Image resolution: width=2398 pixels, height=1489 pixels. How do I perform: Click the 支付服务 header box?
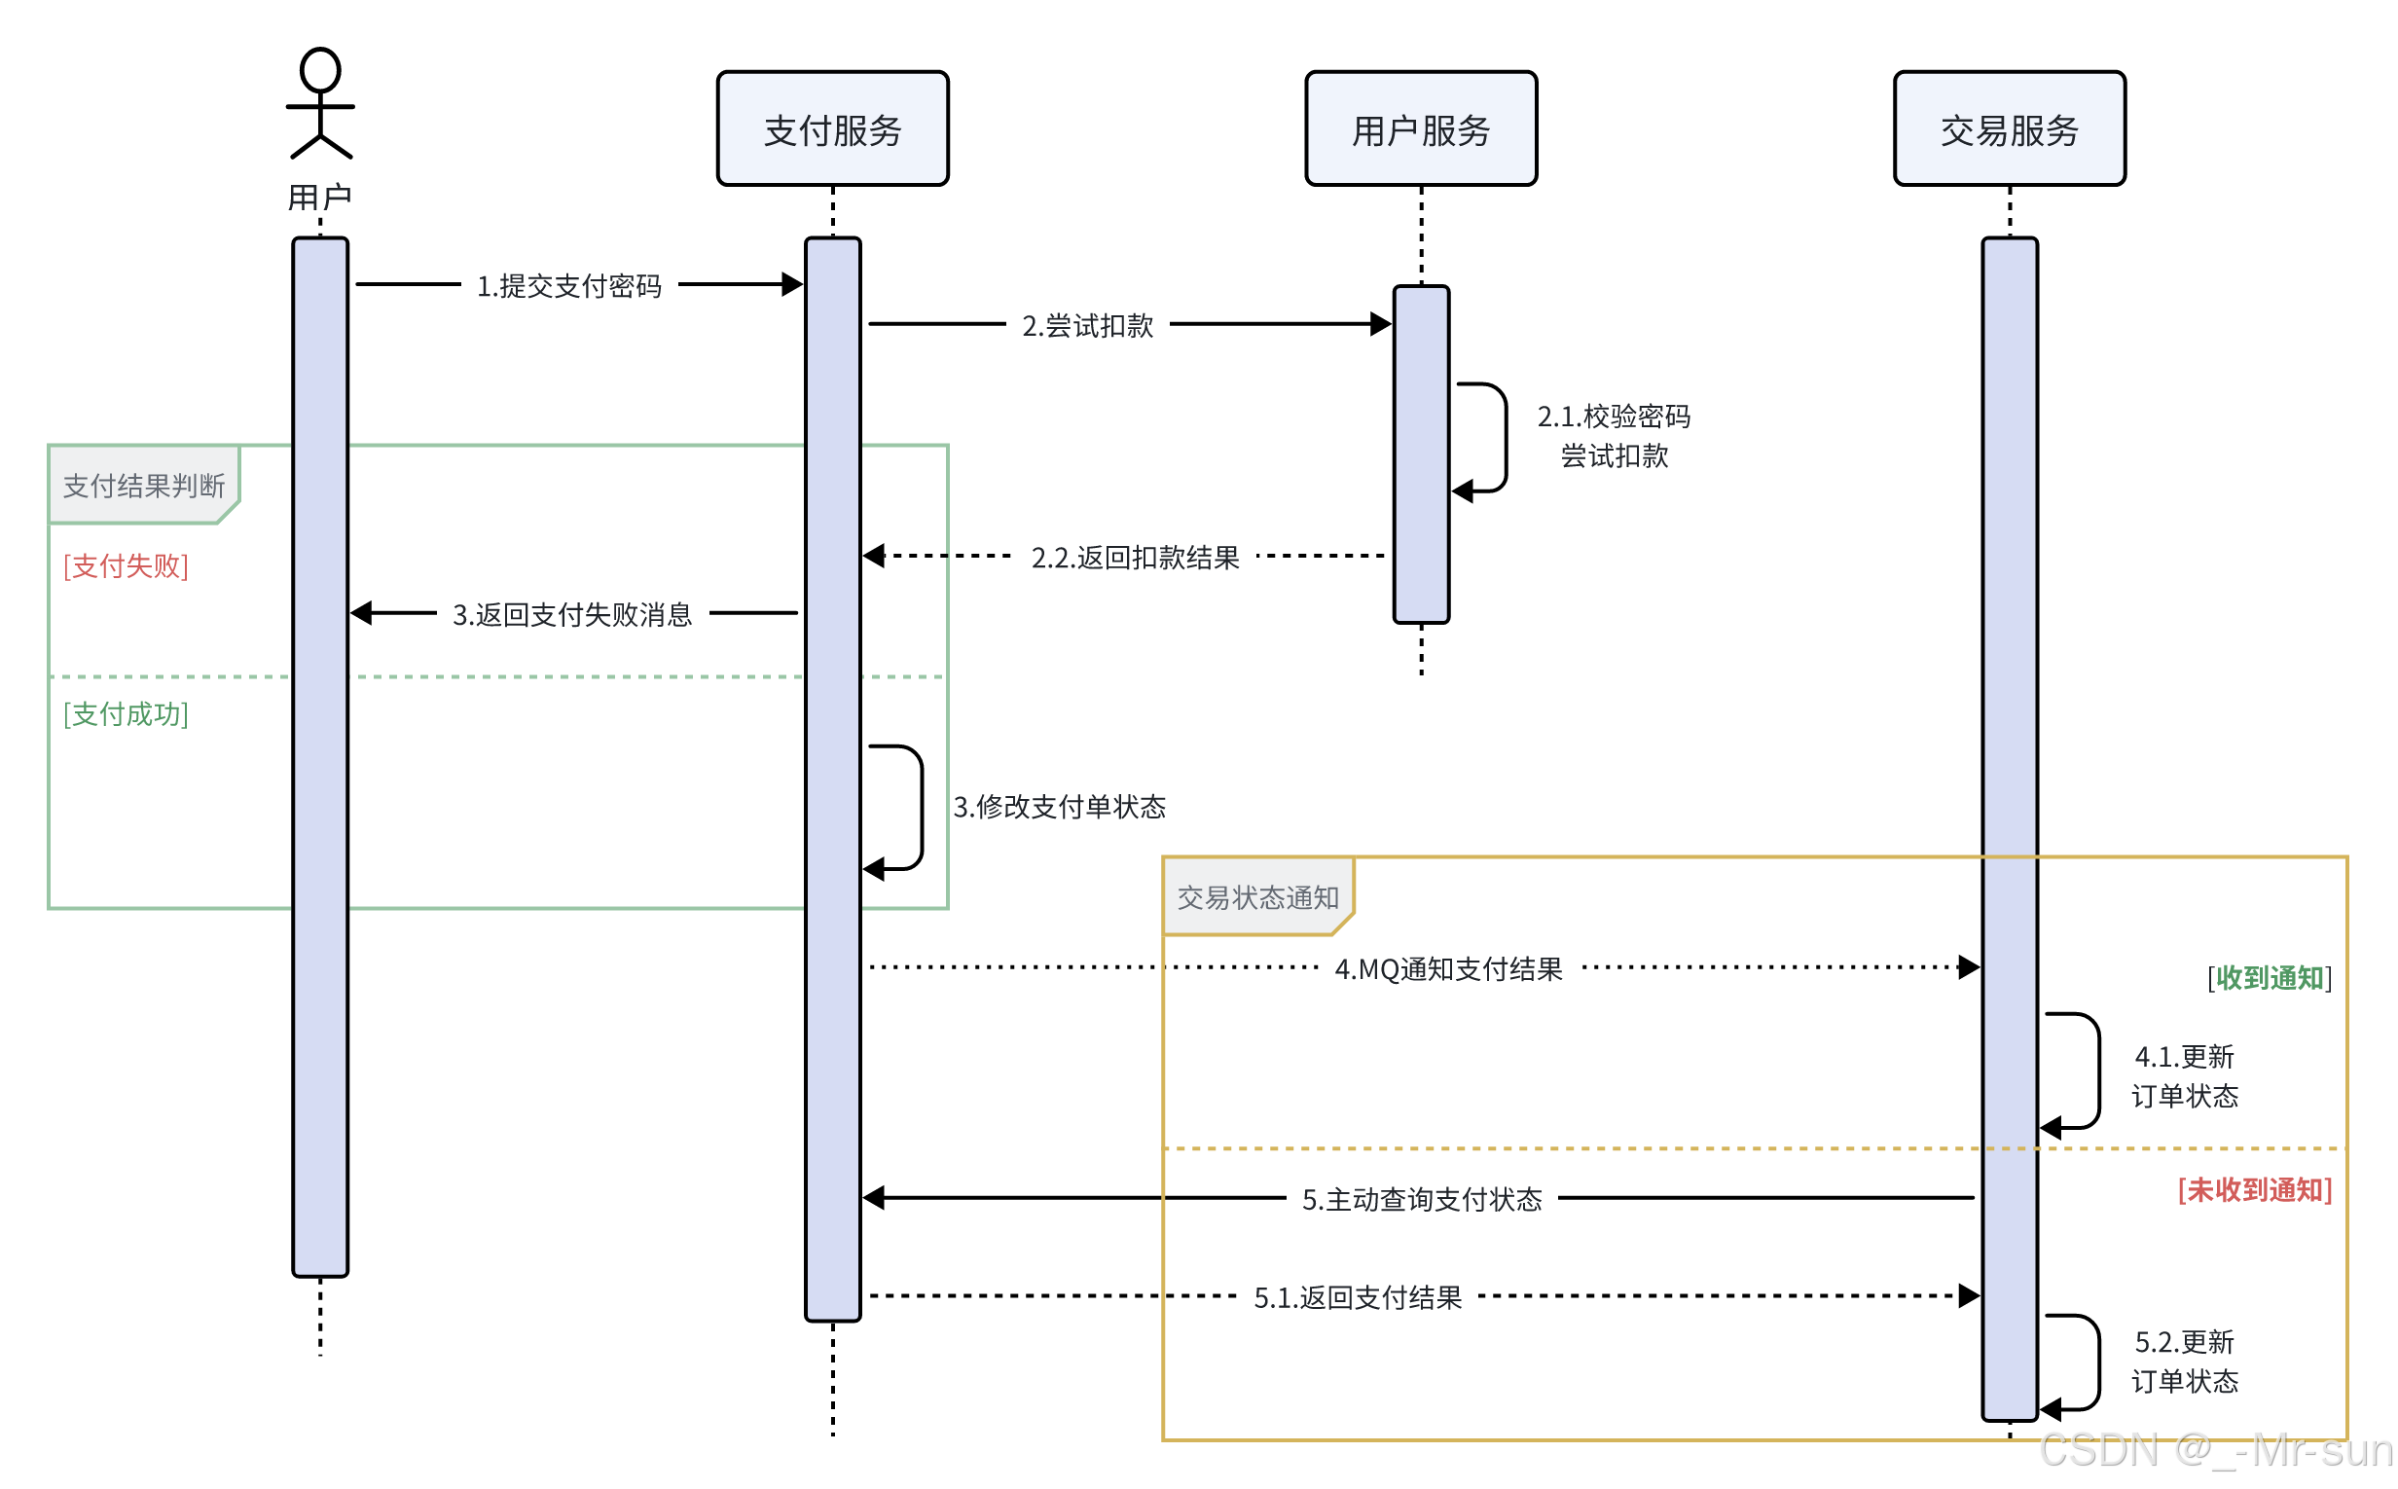pyautogui.click(x=832, y=129)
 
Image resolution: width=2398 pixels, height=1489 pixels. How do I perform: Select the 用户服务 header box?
pyautogui.click(x=1420, y=129)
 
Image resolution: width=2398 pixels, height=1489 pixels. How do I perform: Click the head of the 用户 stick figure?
pyautogui.click(x=320, y=70)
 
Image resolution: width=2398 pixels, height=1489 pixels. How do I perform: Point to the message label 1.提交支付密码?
pyautogui.click(x=568, y=285)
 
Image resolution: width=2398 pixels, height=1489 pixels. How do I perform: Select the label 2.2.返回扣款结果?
pyautogui.click(x=1134, y=558)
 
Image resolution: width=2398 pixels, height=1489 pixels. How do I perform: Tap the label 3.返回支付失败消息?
pyautogui.click(x=571, y=614)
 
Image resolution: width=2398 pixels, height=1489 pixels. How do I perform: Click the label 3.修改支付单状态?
pyautogui.click(x=1059, y=807)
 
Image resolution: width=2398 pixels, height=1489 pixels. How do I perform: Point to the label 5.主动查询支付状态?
pyautogui.click(x=1421, y=1199)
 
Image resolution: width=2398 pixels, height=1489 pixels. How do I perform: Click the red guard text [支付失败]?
pyautogui.click(x=126, y=565)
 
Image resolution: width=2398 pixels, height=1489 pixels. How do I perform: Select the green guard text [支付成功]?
pyautogui.click(x=126, y=714)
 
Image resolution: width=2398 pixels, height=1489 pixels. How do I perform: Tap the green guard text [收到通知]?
pyautogui.click(x=2268, y=978)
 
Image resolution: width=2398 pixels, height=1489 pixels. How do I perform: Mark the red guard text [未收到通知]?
pyautogui.click(x=2253, y=1189)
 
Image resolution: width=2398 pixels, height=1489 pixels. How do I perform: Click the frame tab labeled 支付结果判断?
pyautogui.click(x=144, y=485)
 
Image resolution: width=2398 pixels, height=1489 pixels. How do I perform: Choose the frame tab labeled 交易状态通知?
pyautogui.click(x=1256, y=897)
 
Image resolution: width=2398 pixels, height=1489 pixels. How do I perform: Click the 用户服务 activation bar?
pyautogui.click(x=1420, y=454)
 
